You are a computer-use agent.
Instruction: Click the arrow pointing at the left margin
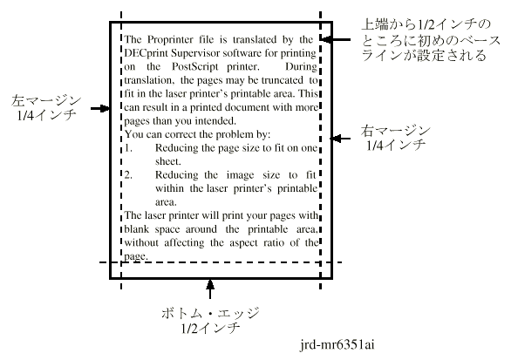click(x=100, y=108)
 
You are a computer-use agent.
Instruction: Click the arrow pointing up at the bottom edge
click(x=210, y=289)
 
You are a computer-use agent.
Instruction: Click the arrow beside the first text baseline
click(x=336, y=39)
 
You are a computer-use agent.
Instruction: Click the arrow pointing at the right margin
click(x=341, y=139)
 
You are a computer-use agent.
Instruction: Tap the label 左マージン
click(x=46, y=100)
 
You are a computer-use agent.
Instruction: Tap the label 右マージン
click(x=395, y=131)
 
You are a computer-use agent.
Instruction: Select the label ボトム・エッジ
click(x=210, y=313)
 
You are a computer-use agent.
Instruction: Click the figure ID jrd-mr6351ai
click(x=337, y=345)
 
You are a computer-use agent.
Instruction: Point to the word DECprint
click(x=146, y=53)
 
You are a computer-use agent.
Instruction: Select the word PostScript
click(x=195, y=67)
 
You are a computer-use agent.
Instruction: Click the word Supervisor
click(x=195, y=53)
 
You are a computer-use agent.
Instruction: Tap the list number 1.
click(x=128, y=148)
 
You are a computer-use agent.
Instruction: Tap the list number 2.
click(x=128, y=175)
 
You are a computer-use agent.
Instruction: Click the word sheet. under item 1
click(x=168, y=161)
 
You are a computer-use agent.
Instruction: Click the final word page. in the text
click(x=136, y=256)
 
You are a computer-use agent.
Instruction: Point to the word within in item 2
click(x=169, y=188)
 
